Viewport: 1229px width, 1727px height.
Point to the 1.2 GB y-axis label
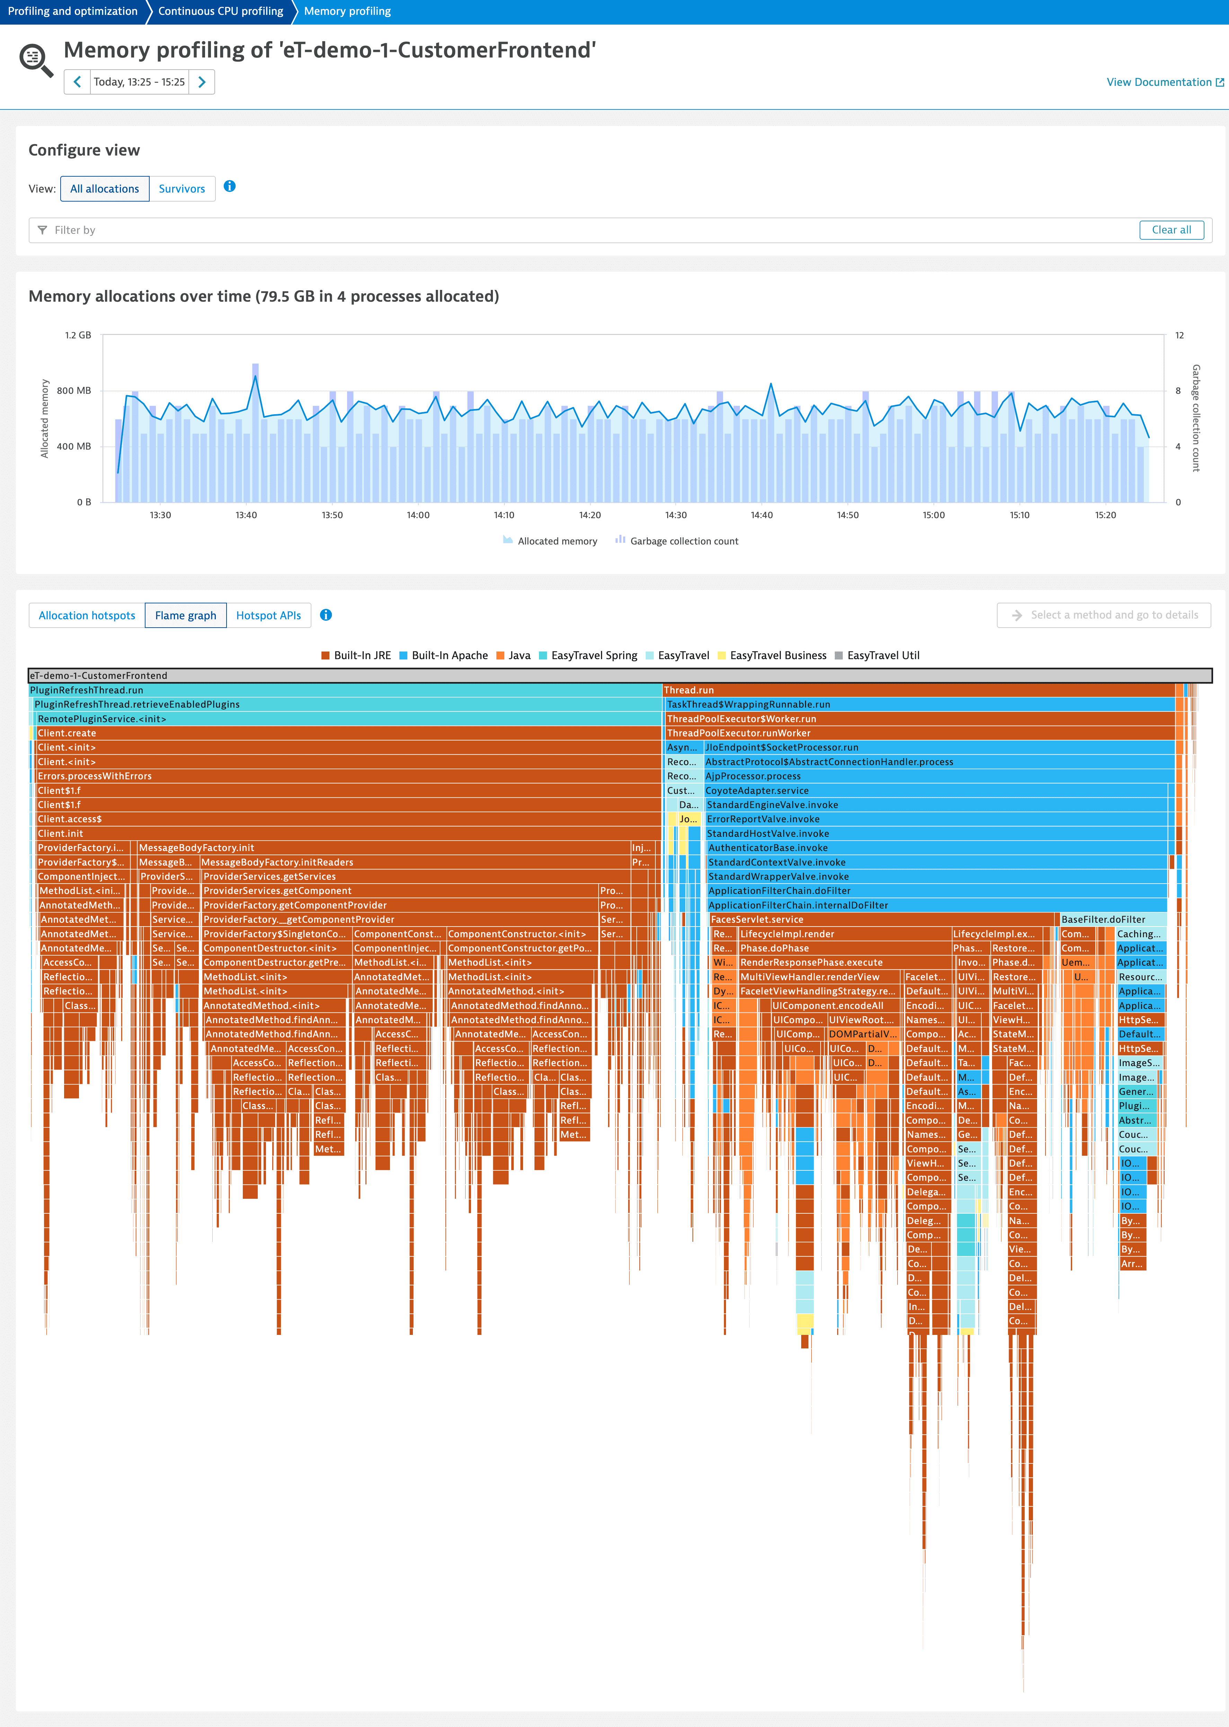point(78,335)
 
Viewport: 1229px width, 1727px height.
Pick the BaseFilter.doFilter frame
point(1103,920)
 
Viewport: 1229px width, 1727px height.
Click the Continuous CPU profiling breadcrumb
point(220,11)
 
